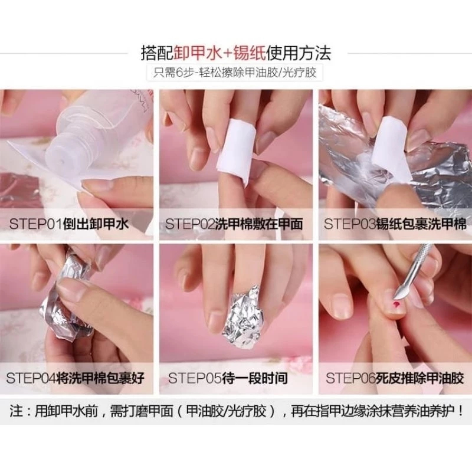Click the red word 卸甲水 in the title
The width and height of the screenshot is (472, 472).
(x=198, y=53)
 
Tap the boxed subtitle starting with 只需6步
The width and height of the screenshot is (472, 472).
(x=235, y=73)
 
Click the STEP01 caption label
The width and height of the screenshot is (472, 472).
(x=69, y=224)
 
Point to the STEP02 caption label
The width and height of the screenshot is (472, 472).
(x=234, y=224)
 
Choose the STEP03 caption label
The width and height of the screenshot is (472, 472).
(x=395, y=224)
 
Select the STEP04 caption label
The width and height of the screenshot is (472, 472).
(x=76, y=378)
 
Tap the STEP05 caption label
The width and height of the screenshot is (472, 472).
(x=228, y=378)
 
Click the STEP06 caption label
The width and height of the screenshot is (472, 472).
(x=395, y=378)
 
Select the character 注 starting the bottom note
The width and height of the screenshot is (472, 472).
(x=16, y=411)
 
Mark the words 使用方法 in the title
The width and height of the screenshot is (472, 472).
(x=299, y=53)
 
